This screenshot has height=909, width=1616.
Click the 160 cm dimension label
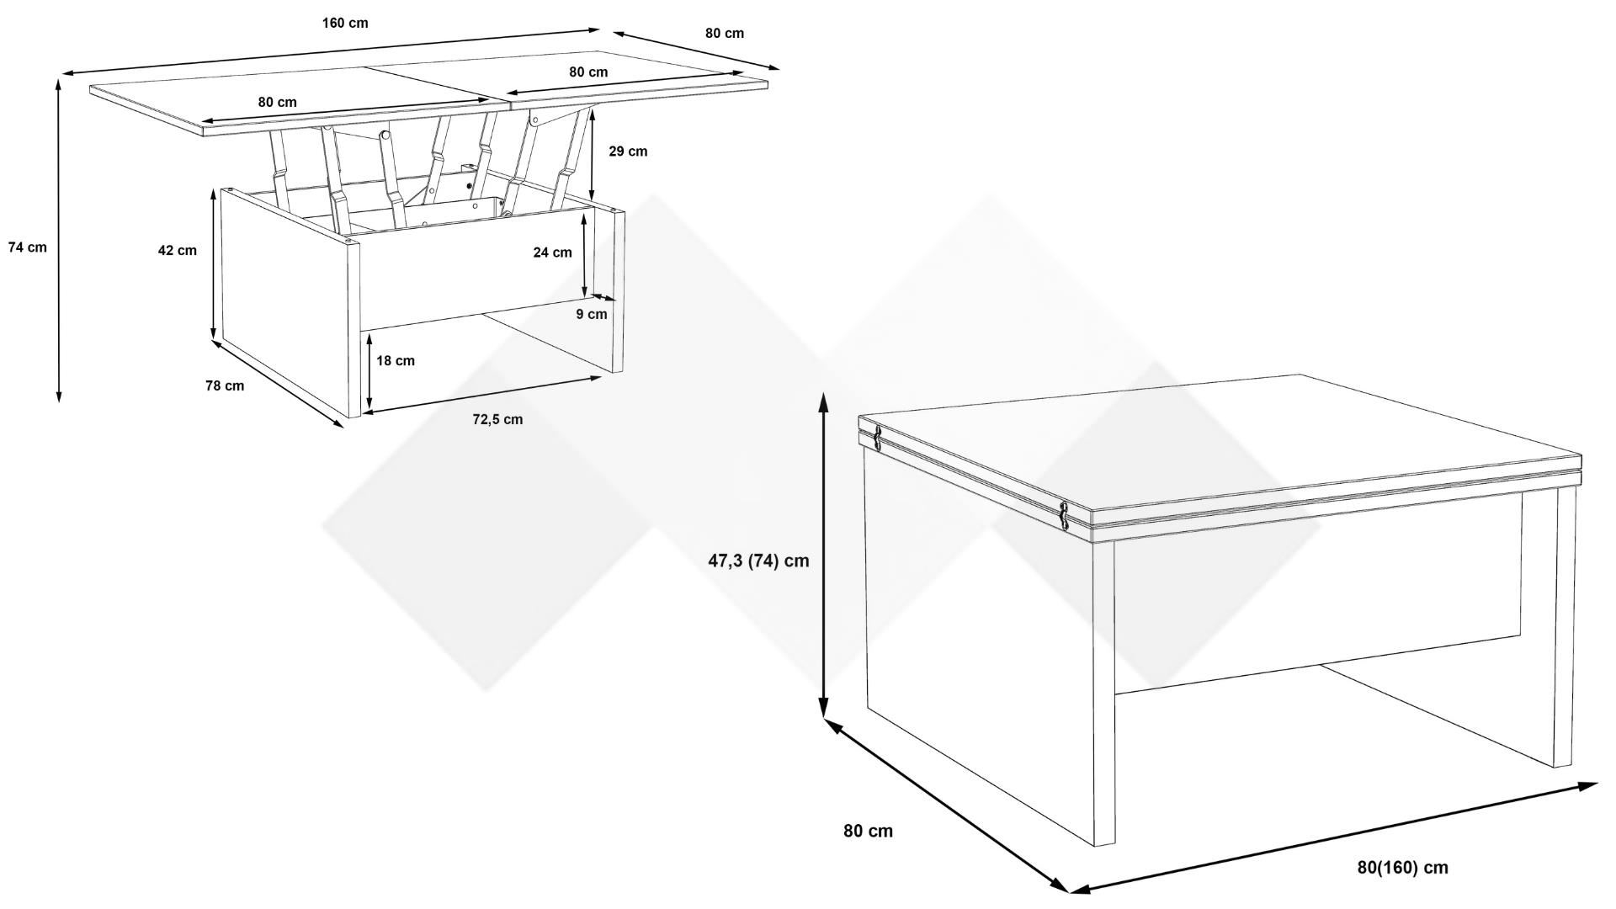345,23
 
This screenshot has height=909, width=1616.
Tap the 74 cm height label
28,247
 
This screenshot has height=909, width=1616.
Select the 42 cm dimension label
177,250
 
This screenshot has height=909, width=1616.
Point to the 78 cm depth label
225,385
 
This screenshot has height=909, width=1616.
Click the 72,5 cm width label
497,419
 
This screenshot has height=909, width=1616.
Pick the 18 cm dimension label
396,360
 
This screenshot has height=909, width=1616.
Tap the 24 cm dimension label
552,252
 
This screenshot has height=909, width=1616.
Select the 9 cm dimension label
592,314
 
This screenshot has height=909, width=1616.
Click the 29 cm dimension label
628,151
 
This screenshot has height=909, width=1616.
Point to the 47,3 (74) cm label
758,560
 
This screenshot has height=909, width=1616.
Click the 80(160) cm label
1403,868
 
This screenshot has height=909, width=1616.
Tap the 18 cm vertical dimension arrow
369,371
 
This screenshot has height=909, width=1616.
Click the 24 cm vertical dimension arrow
583,256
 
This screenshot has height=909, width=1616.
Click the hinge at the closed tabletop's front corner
1065,516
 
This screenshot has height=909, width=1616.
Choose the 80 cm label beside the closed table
868,831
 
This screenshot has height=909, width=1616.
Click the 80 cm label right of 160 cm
724,34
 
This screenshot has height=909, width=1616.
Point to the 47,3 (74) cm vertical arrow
824,561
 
